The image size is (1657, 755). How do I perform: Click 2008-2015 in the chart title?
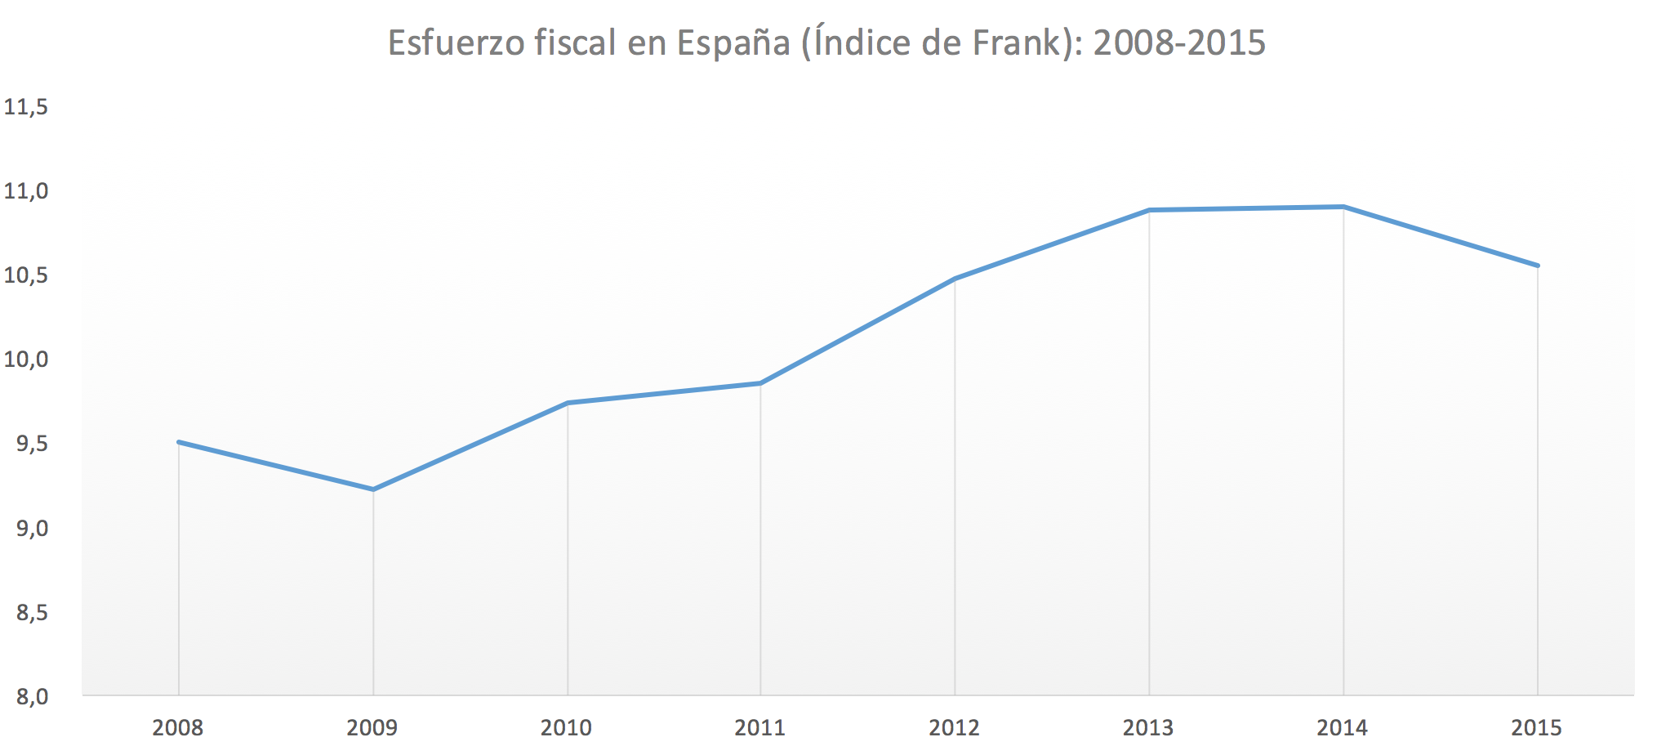pos(1179,43)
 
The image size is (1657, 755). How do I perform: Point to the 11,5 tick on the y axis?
pos(26,107)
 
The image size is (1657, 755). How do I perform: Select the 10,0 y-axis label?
pos(26,360)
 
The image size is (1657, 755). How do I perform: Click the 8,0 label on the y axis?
pos(32,697)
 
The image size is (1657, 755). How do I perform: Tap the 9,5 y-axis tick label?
pos(32,445)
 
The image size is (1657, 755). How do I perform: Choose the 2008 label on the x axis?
pos(178,727)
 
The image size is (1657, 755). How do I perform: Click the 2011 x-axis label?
pos(759,727)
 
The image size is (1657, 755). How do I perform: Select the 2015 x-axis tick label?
pos(1536,727)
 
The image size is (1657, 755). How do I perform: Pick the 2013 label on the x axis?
pos(1147,727)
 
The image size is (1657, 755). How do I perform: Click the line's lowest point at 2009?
pos(373,489)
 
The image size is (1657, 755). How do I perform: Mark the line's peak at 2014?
pos(1343,207)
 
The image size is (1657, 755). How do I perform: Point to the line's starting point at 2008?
pos(179,442)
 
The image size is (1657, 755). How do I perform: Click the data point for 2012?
pos(955,279)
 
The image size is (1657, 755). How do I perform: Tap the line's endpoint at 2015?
pos(1538,266)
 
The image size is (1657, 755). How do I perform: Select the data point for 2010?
pos(568,403)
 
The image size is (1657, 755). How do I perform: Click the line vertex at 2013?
pos(1149,210)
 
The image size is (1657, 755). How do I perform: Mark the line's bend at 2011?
pos(760,383)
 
